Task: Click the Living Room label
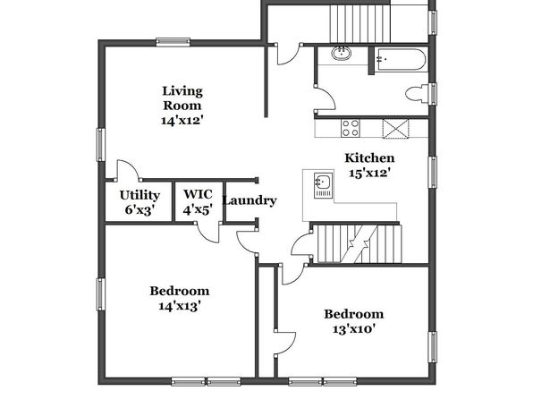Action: [182, 98]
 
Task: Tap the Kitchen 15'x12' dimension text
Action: [369, 174]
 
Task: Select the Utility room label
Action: [140, 195]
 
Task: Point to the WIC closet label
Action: [198, 194]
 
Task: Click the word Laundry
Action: [250, 200]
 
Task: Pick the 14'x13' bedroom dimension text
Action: [179, 307]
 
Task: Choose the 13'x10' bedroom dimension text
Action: [354, 329]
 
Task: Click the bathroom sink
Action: [342, 54]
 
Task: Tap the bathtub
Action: [401, 60]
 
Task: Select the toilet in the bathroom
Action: [417, 93]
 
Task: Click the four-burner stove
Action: [351, 128]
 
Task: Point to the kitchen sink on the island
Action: [323, 185]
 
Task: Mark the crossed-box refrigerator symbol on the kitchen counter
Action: [395, 129]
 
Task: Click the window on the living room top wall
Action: [173, 42]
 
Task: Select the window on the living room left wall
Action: [101, 145]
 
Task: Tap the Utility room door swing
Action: [128, 170]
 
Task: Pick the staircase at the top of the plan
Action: [360, 23]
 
